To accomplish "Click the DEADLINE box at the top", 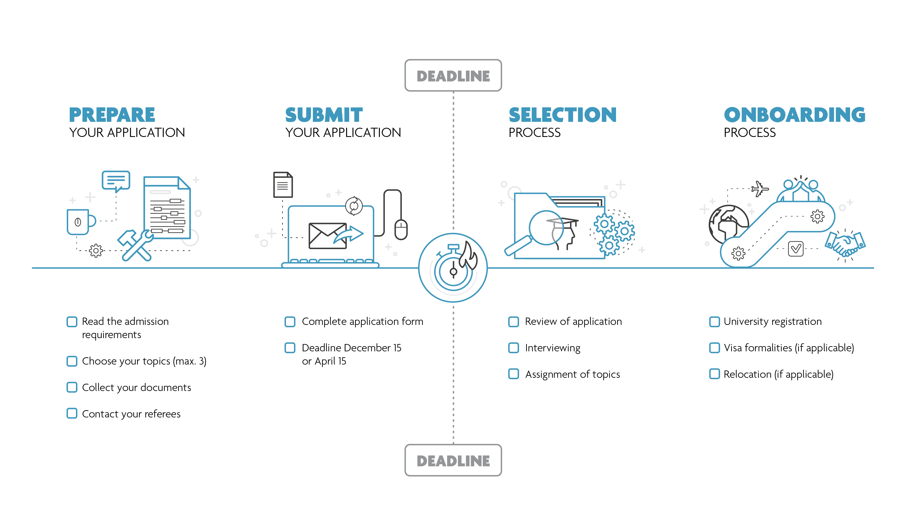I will pos(453,76).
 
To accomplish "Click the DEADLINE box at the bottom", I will pos(453,460).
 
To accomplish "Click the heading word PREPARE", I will pos(112,115).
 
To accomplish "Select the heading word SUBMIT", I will pos(324,115).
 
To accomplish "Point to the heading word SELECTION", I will pos(562,115).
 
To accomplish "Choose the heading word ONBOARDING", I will pos(794,115).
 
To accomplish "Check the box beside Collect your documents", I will pos(72,387).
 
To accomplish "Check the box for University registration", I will pos(714,322).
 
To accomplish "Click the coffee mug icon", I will pos(79,222).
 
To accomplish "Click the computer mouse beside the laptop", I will pos(401,229).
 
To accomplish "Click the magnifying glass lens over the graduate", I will pos(546,228).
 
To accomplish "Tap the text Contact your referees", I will pos(131,414).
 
